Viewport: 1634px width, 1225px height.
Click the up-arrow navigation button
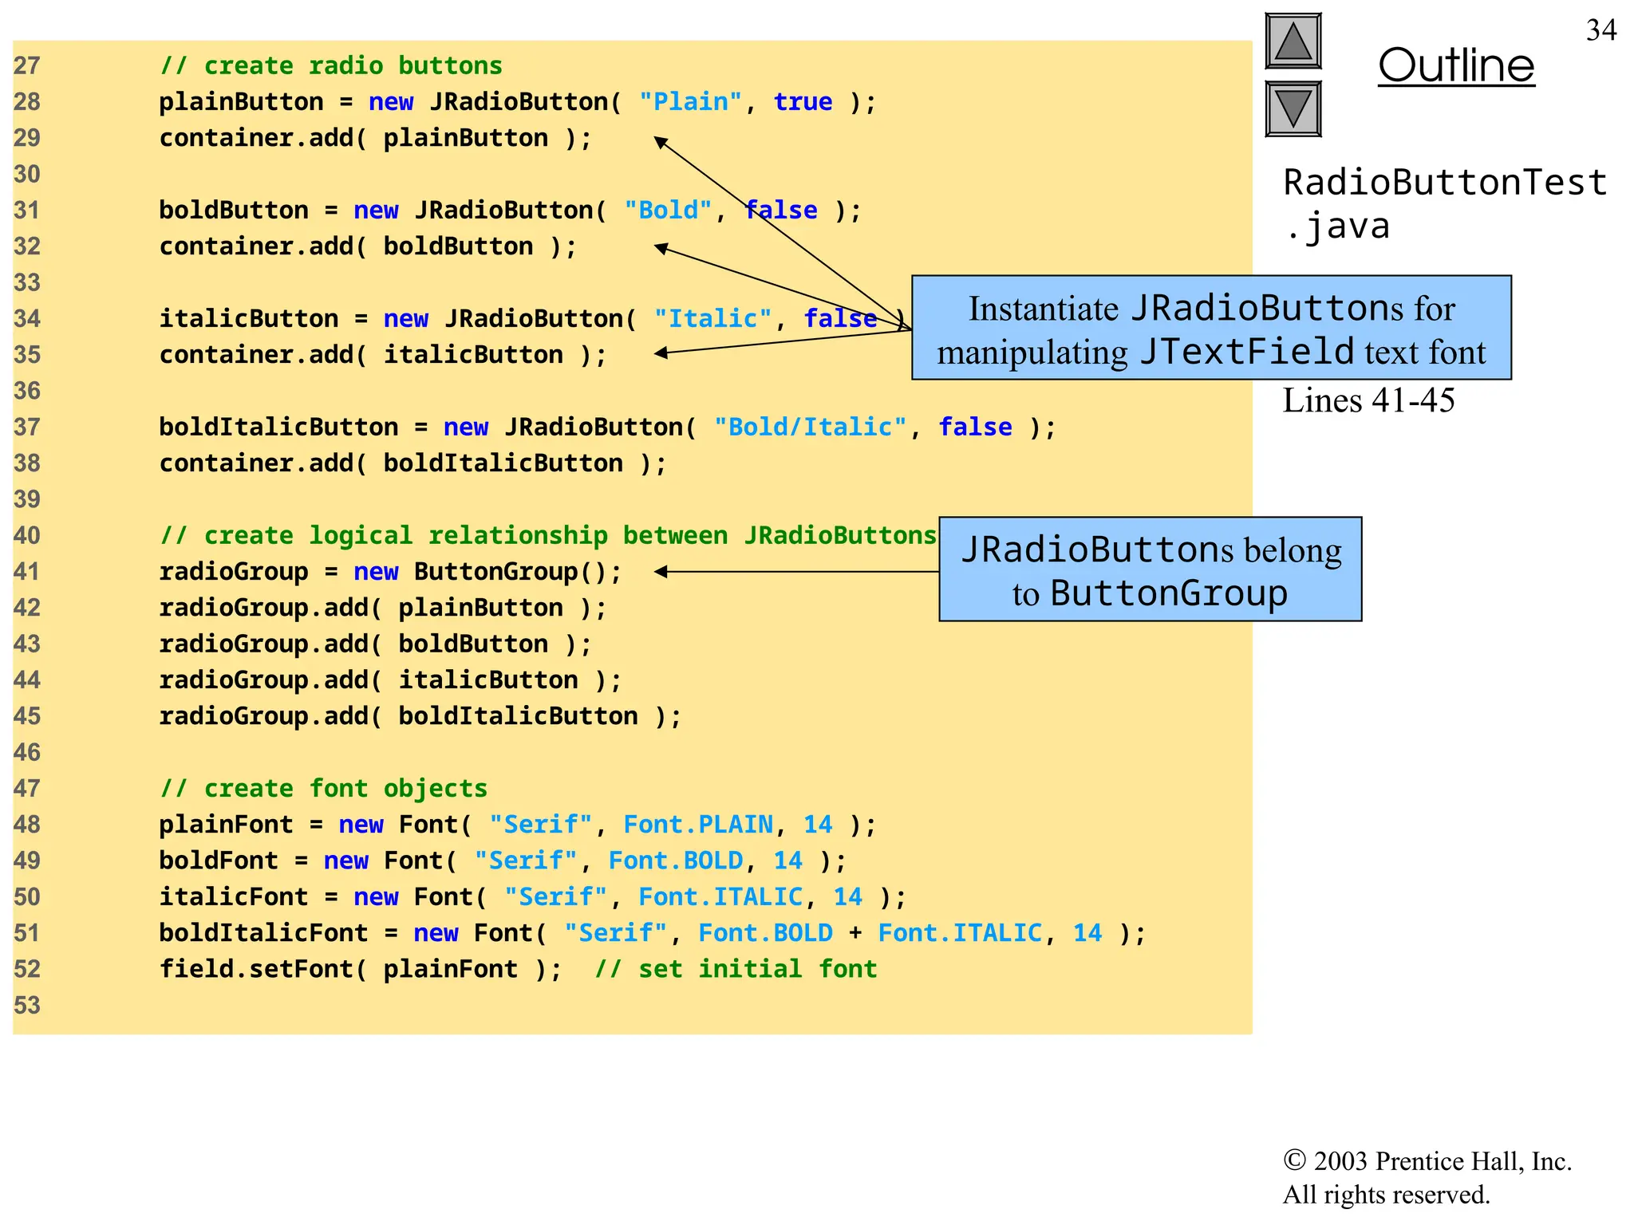click(x=1293, y=41)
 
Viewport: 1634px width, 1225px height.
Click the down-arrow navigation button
click(x=1293, y=108)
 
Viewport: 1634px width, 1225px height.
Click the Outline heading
click(x=1455, y=65)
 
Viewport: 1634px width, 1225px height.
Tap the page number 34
click(x=1600, y=30)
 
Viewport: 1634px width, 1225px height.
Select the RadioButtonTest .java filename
click(x=1444, y=204)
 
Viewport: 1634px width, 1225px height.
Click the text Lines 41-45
click(x=1368, y=400)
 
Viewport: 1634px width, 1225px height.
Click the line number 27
click(x=27, y=65)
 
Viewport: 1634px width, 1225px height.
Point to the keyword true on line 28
click(x=803, y=102)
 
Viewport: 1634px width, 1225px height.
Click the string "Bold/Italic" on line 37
click(x=809, y=427)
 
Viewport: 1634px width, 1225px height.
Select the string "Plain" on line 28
click(x=690, y=102)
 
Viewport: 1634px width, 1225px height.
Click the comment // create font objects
click(x=323, y=788)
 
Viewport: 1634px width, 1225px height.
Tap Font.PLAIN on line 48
click(x=698, y=824)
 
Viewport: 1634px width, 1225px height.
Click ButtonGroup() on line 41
click(x=517, y=572)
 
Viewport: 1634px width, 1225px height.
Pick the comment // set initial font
click(x=736, y=969)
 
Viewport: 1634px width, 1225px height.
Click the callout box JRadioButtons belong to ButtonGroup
click(x=1150, y=569)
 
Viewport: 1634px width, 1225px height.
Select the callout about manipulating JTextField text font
click(x=1211, y=329)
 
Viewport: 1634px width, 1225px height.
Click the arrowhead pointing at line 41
click(x=661, y=572)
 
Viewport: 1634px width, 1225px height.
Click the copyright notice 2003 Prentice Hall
click(x=1427, y=1161)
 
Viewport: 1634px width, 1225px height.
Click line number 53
click(x=27, y=1005)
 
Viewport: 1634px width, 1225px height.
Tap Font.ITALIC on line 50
click(x=720, y=896)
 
